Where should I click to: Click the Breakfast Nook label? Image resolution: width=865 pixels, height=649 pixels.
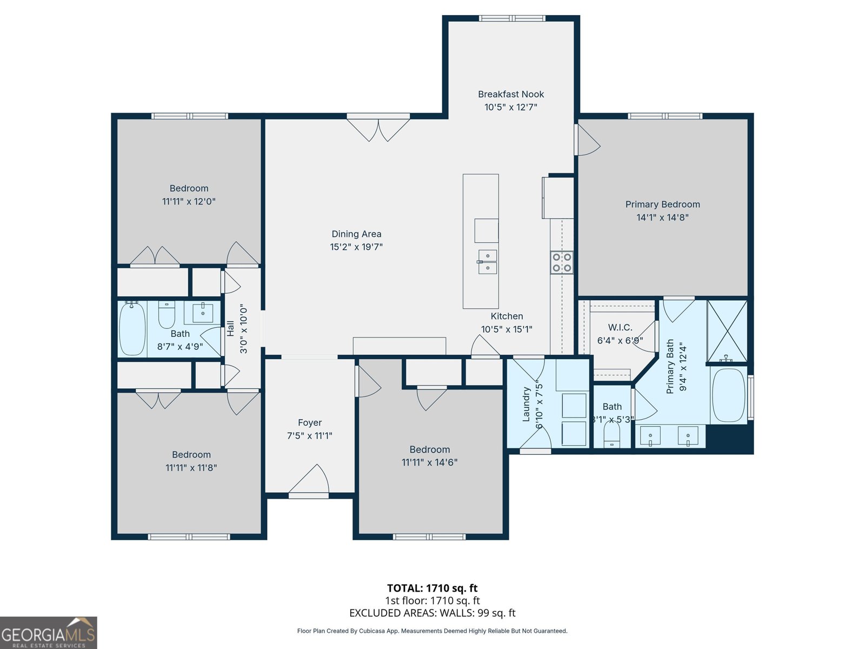(511, 94)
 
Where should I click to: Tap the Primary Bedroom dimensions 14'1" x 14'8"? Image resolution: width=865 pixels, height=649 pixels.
(662, 217)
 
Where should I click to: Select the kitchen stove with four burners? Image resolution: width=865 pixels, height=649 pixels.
(562, 262)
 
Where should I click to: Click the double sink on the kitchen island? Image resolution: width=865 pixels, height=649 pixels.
(488, 262)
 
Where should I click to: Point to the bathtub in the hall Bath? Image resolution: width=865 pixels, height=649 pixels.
(132, 329)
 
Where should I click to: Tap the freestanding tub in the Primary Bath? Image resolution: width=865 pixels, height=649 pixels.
(728, 395)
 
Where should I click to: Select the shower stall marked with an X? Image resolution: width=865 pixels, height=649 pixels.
(727, 331)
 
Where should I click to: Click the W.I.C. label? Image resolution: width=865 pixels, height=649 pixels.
(620, 328)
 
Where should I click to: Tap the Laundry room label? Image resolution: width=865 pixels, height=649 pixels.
(526, 404)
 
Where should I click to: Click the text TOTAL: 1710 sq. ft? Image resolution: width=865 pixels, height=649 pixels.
(432, 588)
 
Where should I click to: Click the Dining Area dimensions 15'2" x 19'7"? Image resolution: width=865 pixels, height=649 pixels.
(356, 247)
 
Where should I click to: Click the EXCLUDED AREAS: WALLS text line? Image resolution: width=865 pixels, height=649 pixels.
(432, 613)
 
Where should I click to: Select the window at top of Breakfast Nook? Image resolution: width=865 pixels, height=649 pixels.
(512, 18)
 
